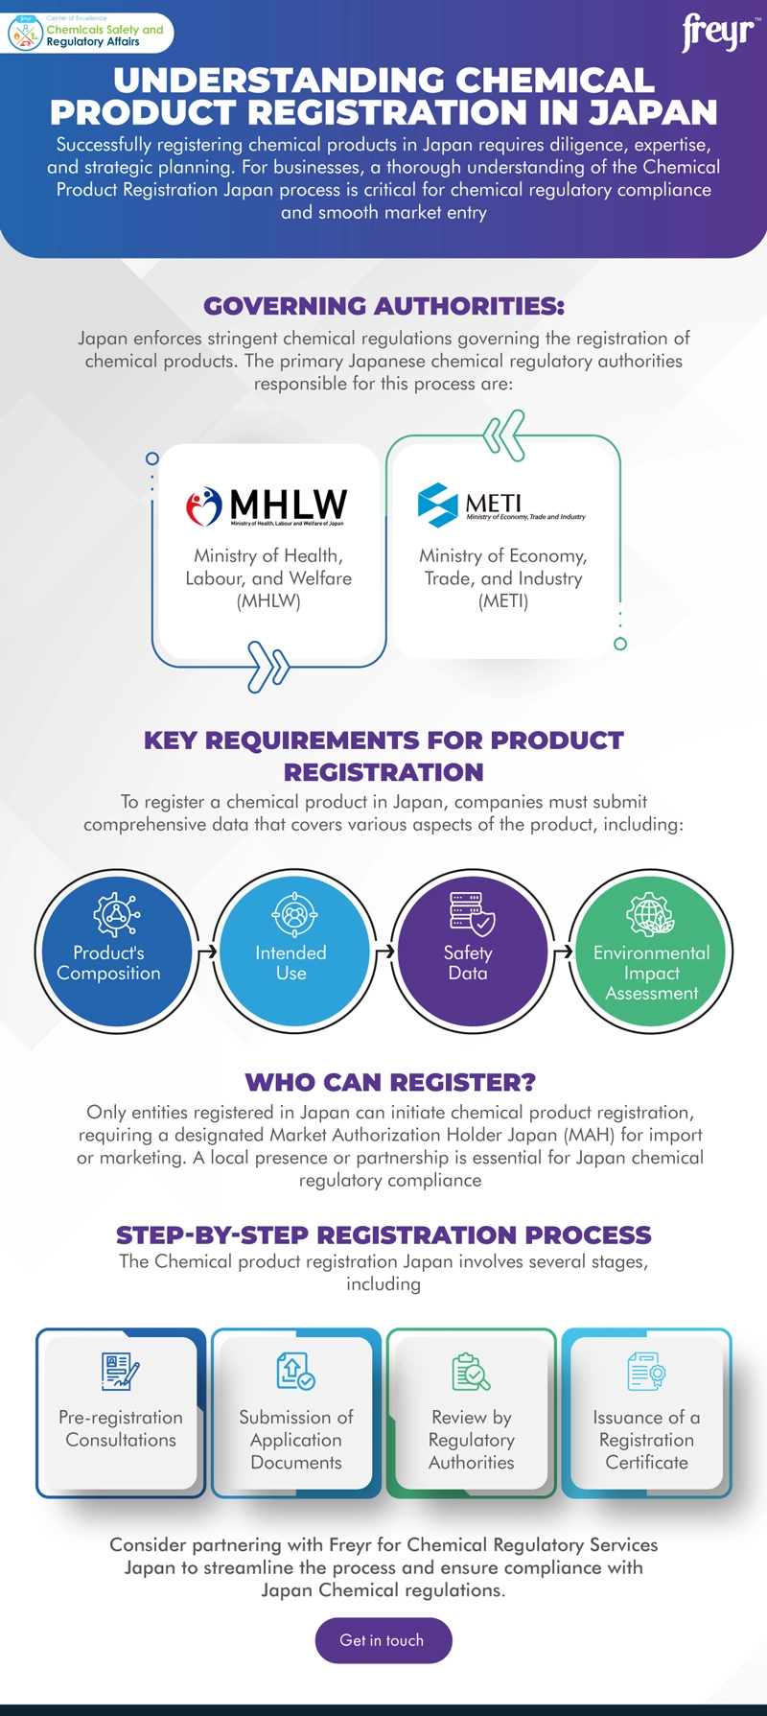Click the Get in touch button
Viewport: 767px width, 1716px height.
383,1640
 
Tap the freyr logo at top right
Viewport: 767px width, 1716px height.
718,33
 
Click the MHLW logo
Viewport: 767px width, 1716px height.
267,505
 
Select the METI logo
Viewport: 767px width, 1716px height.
500,505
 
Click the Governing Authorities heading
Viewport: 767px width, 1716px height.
383,306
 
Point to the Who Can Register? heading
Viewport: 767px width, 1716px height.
389,1082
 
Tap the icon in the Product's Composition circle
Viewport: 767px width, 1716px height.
116,914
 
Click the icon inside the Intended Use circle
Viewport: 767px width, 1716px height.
293,914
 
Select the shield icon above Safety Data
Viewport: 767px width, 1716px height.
472,912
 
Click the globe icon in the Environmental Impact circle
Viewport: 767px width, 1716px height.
650,913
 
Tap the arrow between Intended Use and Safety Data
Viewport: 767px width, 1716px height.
384,952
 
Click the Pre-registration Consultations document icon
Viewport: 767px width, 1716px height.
121,1372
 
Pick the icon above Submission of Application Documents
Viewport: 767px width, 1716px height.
295,1372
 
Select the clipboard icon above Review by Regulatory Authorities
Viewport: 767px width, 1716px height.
471,1372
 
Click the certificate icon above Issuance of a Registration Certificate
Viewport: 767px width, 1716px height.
646,1372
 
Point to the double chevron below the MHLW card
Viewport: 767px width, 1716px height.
268,666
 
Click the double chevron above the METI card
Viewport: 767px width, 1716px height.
504,436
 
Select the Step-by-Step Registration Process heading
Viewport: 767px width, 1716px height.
383,1234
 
